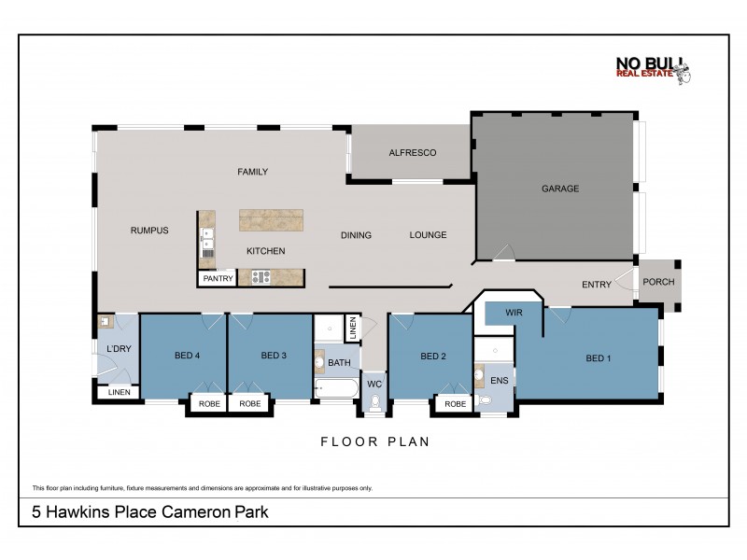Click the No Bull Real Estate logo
pyautogui.click(x=652, y=72)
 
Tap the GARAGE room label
pyautogui.click(x=560, y=189)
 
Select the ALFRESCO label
pyautogui.click(x=412, y=153)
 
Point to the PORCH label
pyautogui.click(x=657, y=282)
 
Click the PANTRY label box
pyautogui.click(x=218, y=278)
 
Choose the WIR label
pyautogui.click(x=513, y=313)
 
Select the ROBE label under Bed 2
pyautogui.click(x=455, y=404)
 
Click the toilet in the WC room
pyautogui.click(x=375, y=402)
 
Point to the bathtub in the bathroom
pyautogui.click(x=335, y=388)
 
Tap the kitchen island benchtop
pyautogui.click(x=272, y=219)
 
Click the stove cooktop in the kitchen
pyautogui.click(x=259, y=277)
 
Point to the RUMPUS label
pyautogui.click(x=149, y=231)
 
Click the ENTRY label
pyautogui.click(x=596, y=286)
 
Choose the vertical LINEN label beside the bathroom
pyautogui.click(x=352, y=329)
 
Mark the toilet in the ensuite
pyautogui.click(x=484, y=401)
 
